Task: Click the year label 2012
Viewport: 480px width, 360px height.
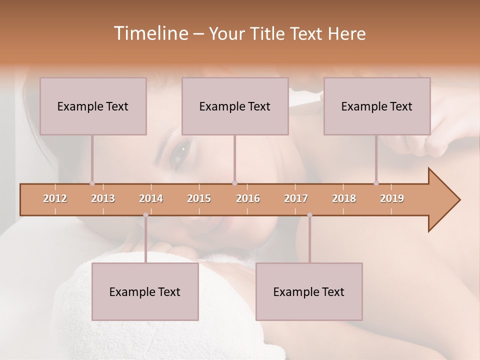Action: tap(55, 198)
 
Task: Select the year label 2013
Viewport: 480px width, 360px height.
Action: tap(103, 198)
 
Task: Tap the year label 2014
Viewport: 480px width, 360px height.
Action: tap(151, 198)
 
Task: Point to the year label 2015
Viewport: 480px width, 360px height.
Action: tap(199, 198)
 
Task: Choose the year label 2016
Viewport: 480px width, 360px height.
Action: tap(248, 198)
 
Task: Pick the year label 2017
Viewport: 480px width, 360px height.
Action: tap(296, 198)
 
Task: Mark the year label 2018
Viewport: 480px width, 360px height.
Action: tap(344, 198)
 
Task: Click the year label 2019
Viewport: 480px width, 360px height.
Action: tap(392, 198)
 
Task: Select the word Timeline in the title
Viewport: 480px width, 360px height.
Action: tap(150, 33)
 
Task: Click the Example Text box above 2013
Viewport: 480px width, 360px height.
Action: tap(93, 106)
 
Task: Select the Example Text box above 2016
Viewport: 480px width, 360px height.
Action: tap(235, 106)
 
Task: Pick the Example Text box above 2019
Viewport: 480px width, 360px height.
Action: tap(377, 106)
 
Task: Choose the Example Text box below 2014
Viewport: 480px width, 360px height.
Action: tap(145, 291)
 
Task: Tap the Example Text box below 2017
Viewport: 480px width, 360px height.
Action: tap(309, 291)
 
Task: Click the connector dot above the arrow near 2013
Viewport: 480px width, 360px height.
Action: tap(92, 183)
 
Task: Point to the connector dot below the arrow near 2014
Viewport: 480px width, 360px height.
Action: tap(145, 215)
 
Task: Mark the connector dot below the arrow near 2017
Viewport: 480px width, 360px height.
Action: tap(309, 215)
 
